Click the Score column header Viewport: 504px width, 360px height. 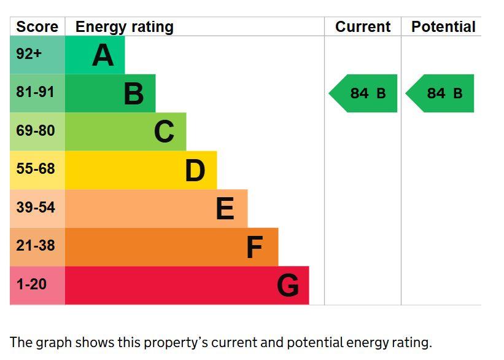pos(37,26)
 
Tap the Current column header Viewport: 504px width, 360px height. pos(363,26)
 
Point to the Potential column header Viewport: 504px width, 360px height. pos(443,26)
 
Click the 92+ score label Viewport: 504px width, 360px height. pos(29,53)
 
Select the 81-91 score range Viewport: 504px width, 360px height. pos(36,92)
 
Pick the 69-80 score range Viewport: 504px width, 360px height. pos(36,131)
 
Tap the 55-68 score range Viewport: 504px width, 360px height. pos(36,168)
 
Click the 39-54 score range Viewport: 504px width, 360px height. pos(36,207)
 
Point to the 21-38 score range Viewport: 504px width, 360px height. pos(36,246)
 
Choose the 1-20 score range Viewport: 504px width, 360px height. pos(31,284)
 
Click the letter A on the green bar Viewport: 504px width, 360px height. pos(103,55)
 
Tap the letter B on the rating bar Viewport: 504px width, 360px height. pos(134,93)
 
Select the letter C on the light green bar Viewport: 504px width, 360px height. pos(165,131)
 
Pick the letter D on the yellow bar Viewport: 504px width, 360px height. pos(195,170)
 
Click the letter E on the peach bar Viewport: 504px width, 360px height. pos(225,208)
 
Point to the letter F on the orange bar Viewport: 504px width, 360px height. pos(255,247)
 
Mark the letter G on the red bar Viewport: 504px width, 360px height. pos(288,285)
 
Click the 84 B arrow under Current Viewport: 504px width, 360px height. pos(363,93)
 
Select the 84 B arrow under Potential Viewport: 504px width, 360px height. pos(440,93)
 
